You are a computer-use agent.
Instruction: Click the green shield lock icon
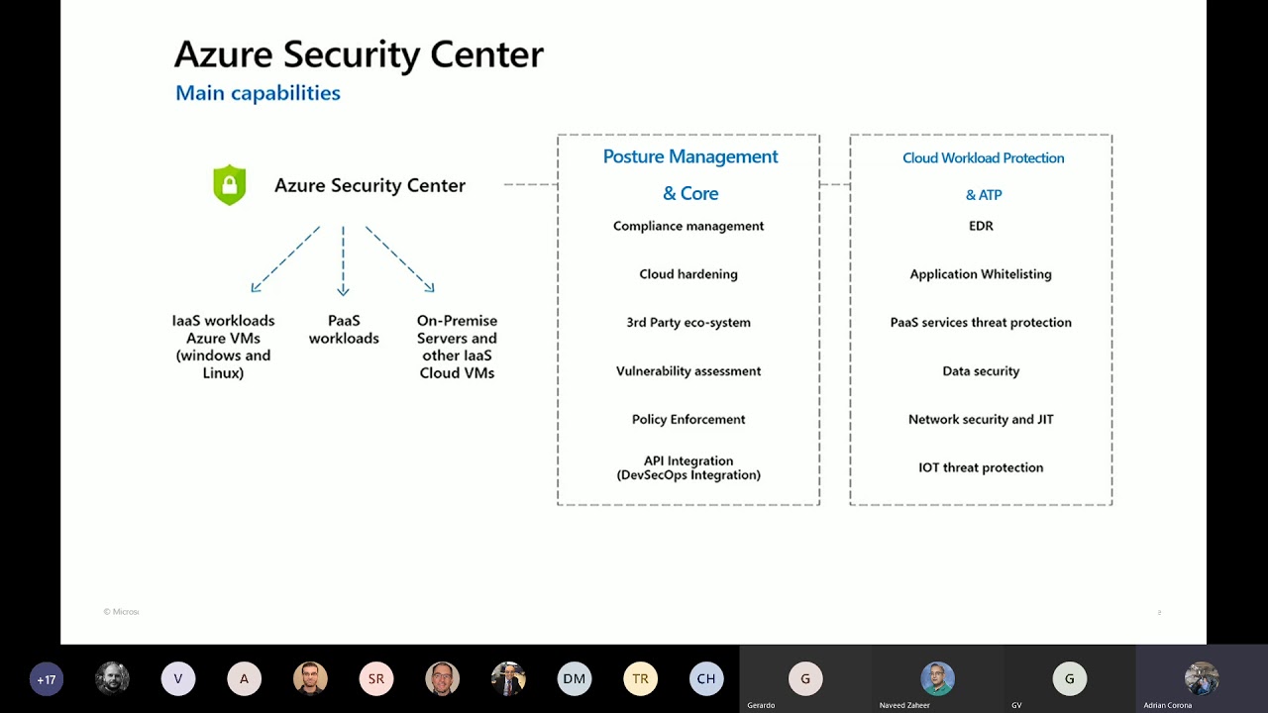(x=229, y=185)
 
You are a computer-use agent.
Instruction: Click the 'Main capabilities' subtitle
(x=258, y=93)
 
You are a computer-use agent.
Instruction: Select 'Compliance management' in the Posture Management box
(x=688, y=226)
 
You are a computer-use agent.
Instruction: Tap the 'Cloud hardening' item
(x=688, y=274)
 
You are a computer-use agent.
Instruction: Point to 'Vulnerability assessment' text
(x=688, y=371)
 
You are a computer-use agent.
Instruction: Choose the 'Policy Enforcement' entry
(x=688, y=420)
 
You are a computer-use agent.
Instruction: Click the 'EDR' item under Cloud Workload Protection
(x=981, y=226)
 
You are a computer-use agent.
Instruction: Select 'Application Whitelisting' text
(x=981, y=274)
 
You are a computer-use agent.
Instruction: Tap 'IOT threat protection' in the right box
(x=981, y=467)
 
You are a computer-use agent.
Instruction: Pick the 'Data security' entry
(x=981, y=371)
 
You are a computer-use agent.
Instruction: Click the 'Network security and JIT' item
(x=981, y=420)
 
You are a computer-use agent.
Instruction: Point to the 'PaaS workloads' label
(x=344, y=330)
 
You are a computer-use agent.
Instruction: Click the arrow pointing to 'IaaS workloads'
(x=284, y=260)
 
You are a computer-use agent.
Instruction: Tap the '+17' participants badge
(x=47, y=679)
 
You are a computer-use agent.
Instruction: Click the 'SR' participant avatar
(x=376, y=679)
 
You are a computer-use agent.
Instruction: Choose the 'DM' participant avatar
(x=575, y=679)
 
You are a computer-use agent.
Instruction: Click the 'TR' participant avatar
(x=641, y=679)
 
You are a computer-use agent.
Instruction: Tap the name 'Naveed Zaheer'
(x=904, y=705)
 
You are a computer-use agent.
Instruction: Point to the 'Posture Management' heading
(x=690, y=156)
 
